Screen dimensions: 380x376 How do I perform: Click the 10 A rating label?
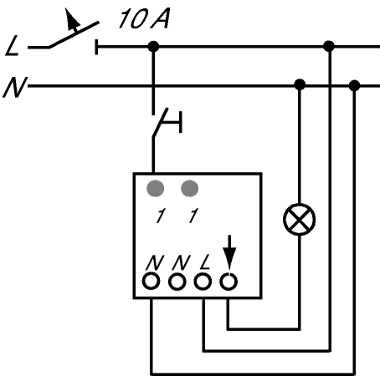(x=144, y=18)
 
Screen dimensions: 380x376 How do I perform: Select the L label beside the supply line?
(x=13, y=45)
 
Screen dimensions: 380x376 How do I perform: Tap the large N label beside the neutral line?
(x=15, y=87)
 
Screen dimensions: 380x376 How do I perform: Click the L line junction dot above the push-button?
(x=153, y=46)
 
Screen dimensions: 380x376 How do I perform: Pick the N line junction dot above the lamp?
(x=300, y=84)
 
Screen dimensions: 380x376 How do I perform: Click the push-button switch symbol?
(x=167, y=122)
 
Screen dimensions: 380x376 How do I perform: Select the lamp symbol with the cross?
(x=300, y=220)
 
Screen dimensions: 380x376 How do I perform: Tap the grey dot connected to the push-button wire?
(x=156, y=189)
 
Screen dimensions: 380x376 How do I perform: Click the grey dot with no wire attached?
(x=190, y=189)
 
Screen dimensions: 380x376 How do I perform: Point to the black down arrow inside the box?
(x=229, y=252)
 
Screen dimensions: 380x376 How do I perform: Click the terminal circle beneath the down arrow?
(x=229, y=282)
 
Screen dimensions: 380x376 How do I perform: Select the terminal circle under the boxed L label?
(x=203, y=282)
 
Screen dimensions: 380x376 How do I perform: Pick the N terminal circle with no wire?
(x=177, y=282)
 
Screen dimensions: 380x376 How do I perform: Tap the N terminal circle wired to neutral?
(x=151, y=282)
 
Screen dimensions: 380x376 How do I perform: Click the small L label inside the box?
(x=205, y=262)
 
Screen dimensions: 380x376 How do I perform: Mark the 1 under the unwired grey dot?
(x=193, y=216)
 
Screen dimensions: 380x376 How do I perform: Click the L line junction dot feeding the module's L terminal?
(x=329, y=46)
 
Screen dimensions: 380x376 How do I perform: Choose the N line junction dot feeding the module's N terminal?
(x=354, y=85)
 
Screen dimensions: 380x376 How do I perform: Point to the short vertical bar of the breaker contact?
(x=96, y=47)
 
